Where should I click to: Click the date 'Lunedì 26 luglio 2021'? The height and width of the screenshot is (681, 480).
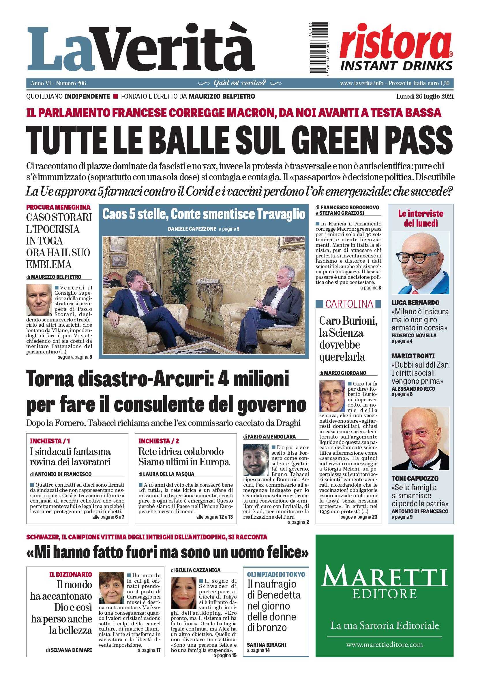(425, 97)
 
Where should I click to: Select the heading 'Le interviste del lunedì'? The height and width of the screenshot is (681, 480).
(421, 218)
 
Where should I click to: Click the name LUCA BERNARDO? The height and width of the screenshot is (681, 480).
(411, 303)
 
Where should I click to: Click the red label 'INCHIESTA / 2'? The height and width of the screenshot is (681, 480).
(158, 441)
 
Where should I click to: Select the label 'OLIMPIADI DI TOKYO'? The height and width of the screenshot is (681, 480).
(276, 574)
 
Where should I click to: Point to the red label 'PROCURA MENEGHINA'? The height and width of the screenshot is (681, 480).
(58, 207)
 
